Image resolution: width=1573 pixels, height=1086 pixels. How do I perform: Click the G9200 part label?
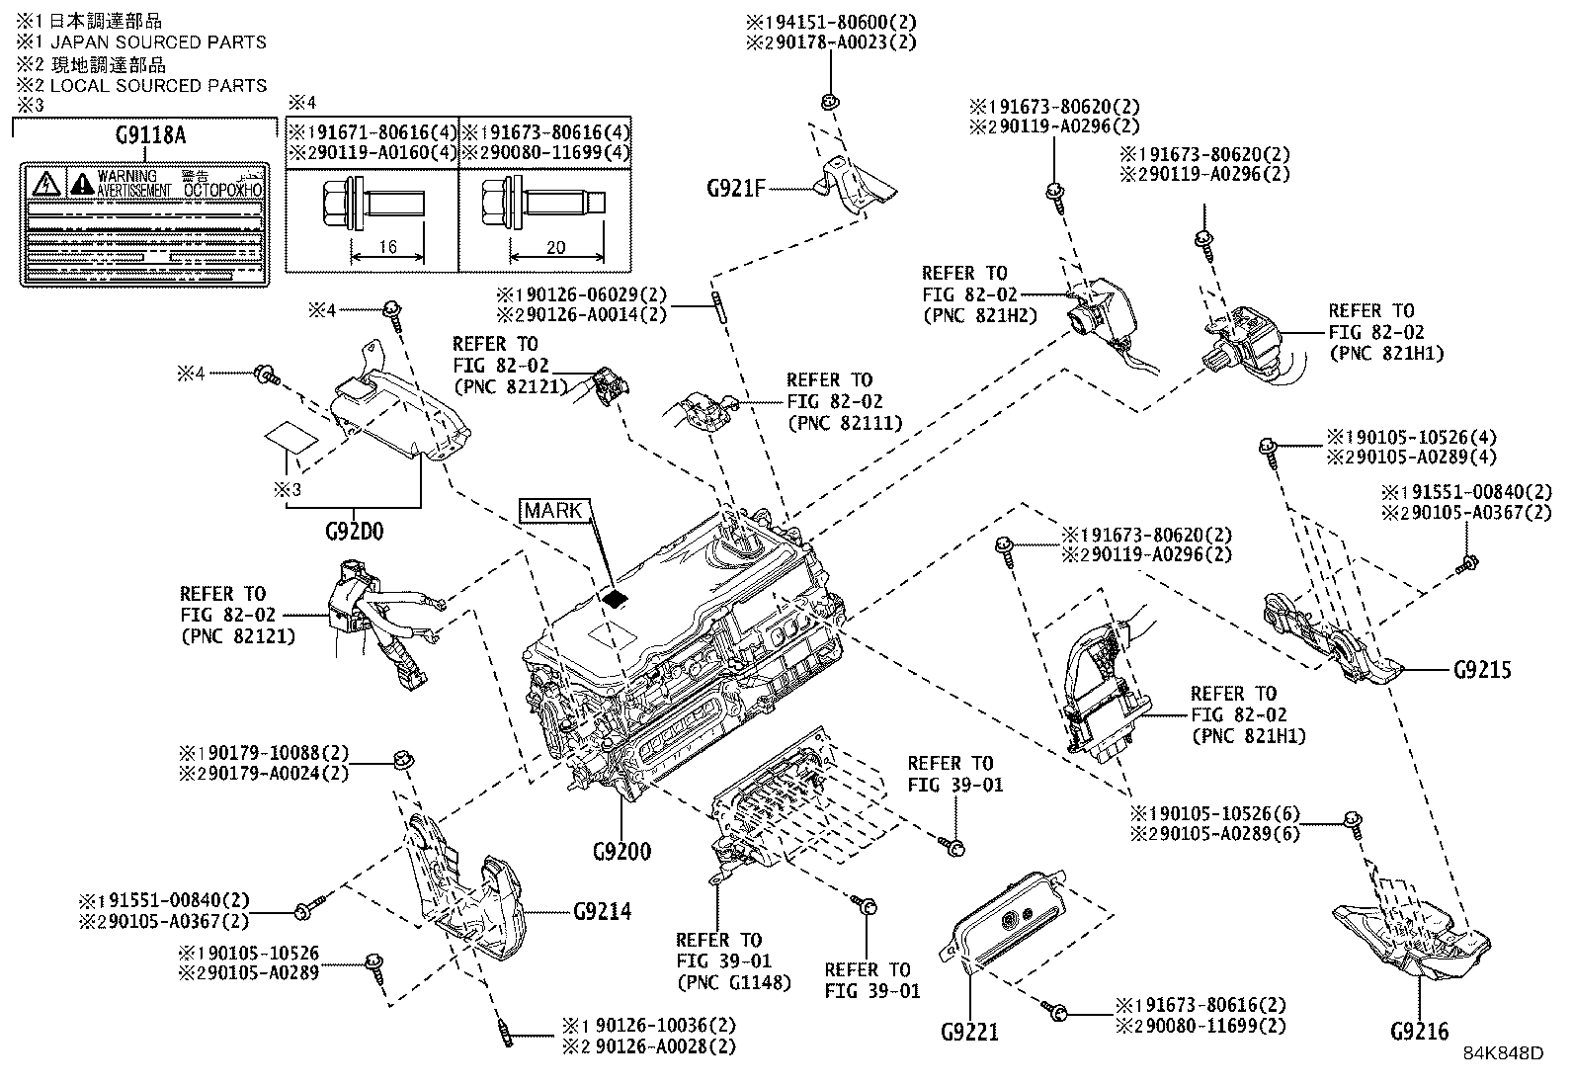(x=621, y=851)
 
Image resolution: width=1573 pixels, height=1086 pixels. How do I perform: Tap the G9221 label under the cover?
(x=969, y=1033)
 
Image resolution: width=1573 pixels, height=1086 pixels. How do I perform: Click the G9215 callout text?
(x=1482, y=669)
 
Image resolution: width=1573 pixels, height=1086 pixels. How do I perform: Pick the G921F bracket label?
(x=735, y=188)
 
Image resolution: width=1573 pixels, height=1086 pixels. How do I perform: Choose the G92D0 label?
(x=354, y=531)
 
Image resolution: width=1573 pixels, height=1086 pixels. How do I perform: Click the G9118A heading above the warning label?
(x=149, y=136)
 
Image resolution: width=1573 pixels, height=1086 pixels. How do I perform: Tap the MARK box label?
(x=552, y=510)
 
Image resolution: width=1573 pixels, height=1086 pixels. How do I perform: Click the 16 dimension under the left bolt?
(x=387, y=247)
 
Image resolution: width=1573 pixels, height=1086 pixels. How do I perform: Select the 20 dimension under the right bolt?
(x=555, y=247)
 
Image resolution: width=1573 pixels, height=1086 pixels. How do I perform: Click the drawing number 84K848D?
(x=1503, y=1052)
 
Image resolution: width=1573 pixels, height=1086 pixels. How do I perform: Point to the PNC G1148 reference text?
(x=733, y=982)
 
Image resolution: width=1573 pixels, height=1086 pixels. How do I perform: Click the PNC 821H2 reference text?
(x=978, y=316)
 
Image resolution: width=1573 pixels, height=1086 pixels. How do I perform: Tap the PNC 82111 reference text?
(x=845, y=423)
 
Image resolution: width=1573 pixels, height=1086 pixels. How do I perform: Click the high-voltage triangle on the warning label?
(x=45, y=183)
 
